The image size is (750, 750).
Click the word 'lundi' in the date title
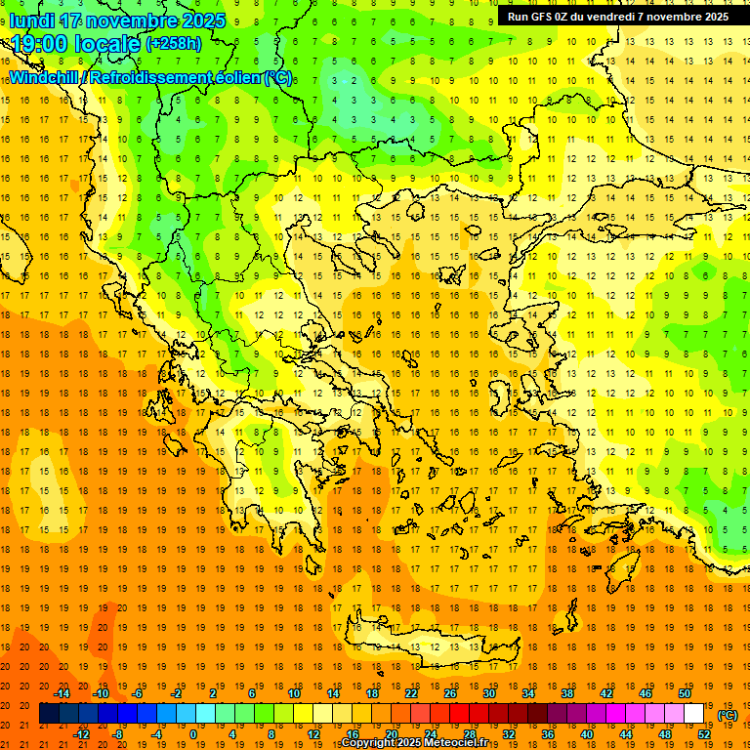click(33, 21)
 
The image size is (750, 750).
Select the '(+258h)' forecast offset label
click(174, 43)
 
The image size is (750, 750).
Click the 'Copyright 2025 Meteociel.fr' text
click(414, 743)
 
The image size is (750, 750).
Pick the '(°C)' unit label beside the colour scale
click(728, 715)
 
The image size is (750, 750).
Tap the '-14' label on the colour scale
click(62, 693)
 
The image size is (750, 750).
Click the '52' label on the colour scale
click(704, 734)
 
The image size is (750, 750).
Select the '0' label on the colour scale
click(192, 734)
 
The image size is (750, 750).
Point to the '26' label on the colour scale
click(450, 693)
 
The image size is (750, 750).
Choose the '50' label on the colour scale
click(685, 693)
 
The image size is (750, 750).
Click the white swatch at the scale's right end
click(694, 714)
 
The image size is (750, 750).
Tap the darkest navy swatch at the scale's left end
click(49, 714)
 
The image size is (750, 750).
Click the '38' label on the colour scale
click(567, 693)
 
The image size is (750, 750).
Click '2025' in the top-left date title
click(203, 21)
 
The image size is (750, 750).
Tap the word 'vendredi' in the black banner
click(610, 17)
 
